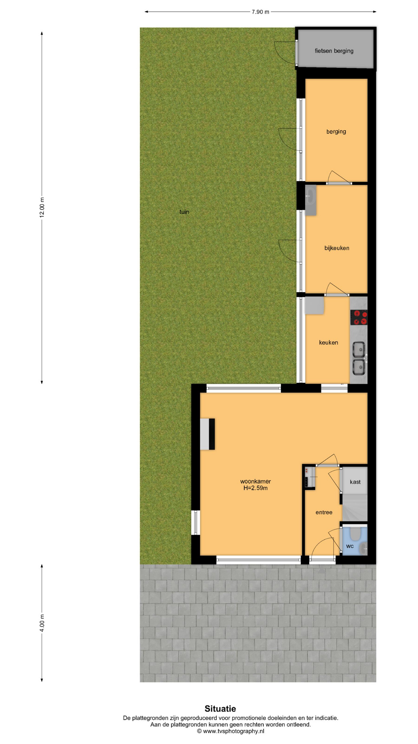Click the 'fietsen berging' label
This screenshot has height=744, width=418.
click(x=334, y=51)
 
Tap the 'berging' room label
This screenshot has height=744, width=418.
click(x=336, y=132)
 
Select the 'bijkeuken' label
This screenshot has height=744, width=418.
click(x=337, y=248)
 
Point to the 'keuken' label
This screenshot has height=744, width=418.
click(x=329, y=343)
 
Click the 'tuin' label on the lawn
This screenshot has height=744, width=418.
click(x=184, y=212)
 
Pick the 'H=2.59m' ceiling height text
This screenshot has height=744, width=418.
click(x=255, y=488)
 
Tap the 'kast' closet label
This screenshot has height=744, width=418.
click(x=355, y=482)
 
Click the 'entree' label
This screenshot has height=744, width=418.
click(x=324, y=512)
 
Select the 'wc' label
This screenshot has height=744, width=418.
click(x=350, y=546)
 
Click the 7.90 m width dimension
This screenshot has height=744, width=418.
click(x=260, y=12)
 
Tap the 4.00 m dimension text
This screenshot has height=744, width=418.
click(x=42, y=623)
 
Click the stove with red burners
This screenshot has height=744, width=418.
click(x=358, y=318)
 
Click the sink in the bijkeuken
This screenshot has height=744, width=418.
click(x=310, y=200)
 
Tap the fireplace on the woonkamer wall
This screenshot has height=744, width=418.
click(x=207, y=434)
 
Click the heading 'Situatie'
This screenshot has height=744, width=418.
click(x=220, y=709)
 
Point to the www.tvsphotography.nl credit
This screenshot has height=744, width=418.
click(x=231, y=731)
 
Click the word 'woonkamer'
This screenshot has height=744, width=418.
click(x=255, y=482)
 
